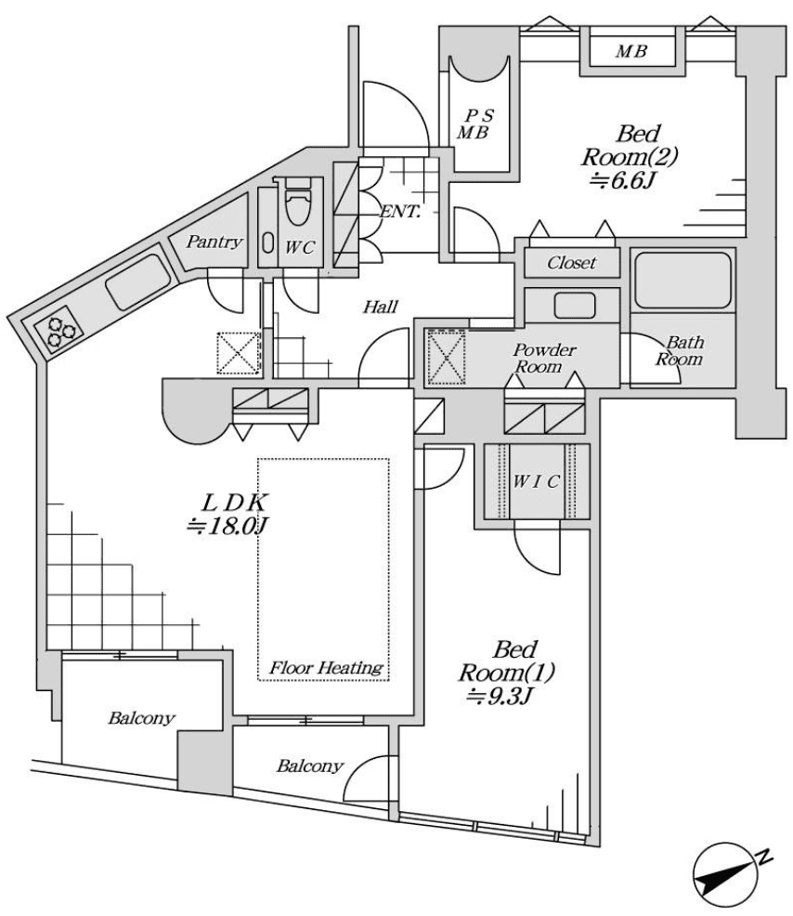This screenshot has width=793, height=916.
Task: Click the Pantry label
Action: pos(214,242)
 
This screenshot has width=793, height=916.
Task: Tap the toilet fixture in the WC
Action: pos(297,206)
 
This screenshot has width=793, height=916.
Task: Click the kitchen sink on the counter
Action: pos(137,281)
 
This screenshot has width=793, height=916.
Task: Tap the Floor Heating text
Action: pos(326,667)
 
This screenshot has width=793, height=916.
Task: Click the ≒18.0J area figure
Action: pos(227,526)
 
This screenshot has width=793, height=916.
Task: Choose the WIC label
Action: pos(537,481)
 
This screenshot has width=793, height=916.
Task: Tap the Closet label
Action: pos(571,263)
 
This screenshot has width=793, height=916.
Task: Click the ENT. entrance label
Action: pos(400,211)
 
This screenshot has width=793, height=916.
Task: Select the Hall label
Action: pos(381,307)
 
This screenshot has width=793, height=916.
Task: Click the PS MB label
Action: pos(479,124)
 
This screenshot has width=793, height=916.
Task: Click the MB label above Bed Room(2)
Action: pos(630,52)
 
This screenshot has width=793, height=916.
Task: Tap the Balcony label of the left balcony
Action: pos(141,718)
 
